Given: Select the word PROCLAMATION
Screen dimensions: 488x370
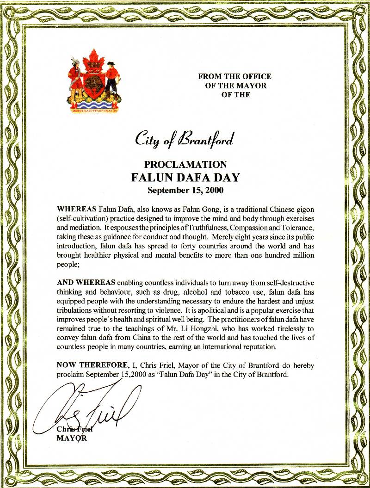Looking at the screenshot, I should tap(185, 165).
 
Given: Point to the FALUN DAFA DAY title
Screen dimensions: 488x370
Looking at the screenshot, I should tap(185, 177).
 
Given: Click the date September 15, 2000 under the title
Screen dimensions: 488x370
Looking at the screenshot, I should tap(185, 189).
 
